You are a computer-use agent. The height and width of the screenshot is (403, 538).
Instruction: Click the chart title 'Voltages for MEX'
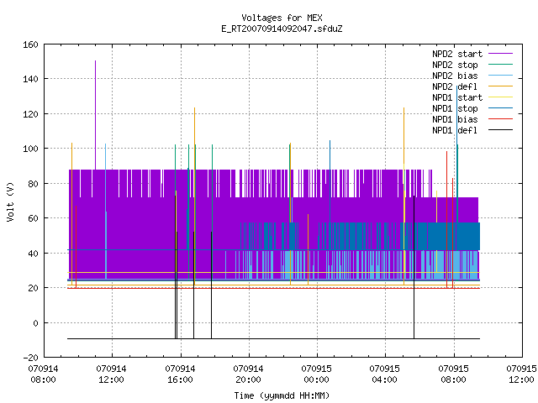[282, 18]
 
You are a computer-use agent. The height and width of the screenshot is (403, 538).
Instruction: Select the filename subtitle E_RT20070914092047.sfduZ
[282, 29]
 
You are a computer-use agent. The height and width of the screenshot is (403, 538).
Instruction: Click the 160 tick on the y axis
[30, 44]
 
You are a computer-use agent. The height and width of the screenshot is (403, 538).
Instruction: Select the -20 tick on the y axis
[30, 358]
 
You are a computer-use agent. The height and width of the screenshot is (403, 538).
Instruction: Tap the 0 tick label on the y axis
[35, 322]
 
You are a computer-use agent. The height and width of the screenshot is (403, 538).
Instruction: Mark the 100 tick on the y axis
[30, 149]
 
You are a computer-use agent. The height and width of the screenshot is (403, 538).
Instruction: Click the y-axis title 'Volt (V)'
[11, 201]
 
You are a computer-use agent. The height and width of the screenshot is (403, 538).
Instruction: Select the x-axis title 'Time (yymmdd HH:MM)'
[282, 395]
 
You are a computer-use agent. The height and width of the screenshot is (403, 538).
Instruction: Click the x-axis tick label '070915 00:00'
[316, 374]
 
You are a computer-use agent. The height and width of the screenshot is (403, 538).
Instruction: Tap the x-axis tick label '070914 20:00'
[248, 374]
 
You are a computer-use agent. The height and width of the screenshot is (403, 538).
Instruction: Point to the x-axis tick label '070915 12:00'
[521, 374]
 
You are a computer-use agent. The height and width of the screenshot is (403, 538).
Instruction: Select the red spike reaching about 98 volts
[446, 219]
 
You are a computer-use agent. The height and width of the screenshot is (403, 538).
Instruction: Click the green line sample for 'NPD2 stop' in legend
[501, 65]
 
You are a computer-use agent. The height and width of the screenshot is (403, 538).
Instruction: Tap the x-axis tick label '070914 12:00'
[111, 374]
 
